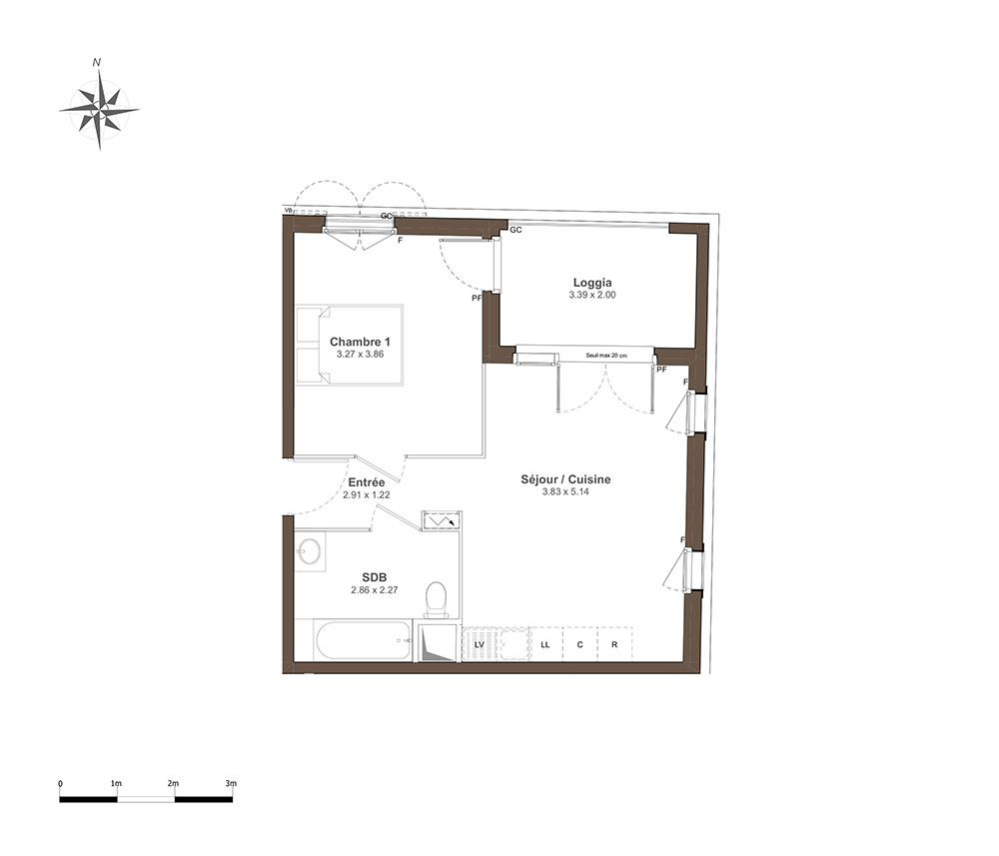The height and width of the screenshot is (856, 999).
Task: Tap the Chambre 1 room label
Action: click(x=360, y=342)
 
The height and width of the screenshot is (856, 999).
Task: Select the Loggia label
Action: click(x=592, y=283)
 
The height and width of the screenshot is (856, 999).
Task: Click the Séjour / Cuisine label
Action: click(x=565, y=479)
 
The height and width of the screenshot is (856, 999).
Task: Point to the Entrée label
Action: click(x=367, y=482)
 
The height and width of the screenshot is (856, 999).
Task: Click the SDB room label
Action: click(x=375, y=577)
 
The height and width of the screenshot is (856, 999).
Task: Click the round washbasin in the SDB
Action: click(x=311, y=551)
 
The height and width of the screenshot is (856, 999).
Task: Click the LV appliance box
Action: click(x=480, y=644)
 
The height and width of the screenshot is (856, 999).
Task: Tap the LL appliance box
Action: click(x=545, y=644)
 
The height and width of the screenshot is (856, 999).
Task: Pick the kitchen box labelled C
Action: click(x=579, y=644)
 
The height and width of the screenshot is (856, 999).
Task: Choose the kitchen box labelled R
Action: click(x=614, y=644)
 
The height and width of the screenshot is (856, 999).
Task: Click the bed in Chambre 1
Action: click(x=350, y=345)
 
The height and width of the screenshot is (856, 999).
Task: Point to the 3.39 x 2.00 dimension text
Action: click(x=592, y=295)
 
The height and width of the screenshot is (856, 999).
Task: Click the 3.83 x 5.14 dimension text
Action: click(x=565, y=491)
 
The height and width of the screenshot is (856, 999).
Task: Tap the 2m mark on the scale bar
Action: click(x=173, y=783)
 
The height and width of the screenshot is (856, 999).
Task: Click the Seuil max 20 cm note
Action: click(x=606, y=356)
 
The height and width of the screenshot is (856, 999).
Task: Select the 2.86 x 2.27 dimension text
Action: click(x=375, y=589)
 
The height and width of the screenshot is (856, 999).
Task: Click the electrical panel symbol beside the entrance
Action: click(x=441, y=521)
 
